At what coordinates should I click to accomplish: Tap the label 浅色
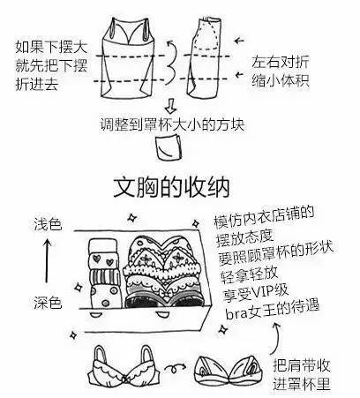click(49, 225)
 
